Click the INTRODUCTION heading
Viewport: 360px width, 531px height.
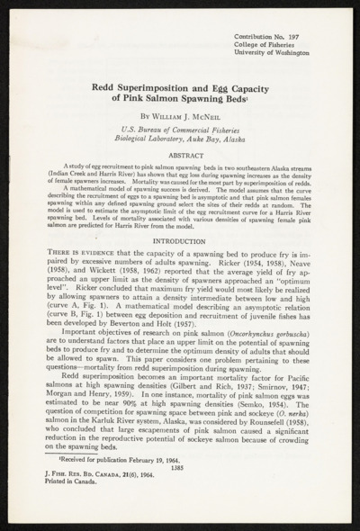pos(178,240)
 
